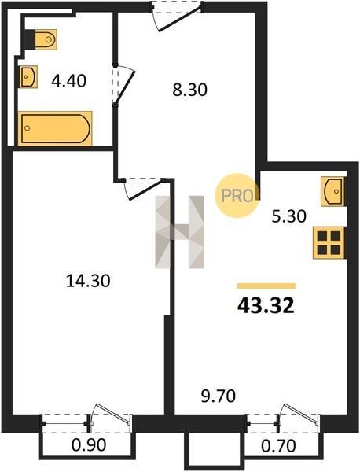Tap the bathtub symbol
pos(55,128)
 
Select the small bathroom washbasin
pos(29,77)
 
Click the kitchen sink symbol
pos(332,191)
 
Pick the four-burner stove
pos(329,243)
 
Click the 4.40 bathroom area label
pos(69,81)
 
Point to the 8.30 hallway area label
pos(189,90)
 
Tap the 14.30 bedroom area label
pos(88,281)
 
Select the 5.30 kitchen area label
pos(289,216)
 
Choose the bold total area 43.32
pos(266,306)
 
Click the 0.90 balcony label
pos(89,445)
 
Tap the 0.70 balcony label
pos(278,445)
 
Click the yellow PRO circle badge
pos(237,196)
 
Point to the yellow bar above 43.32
pos(266,286)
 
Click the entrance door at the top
pos(176,17)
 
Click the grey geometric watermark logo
pos(179,232)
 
